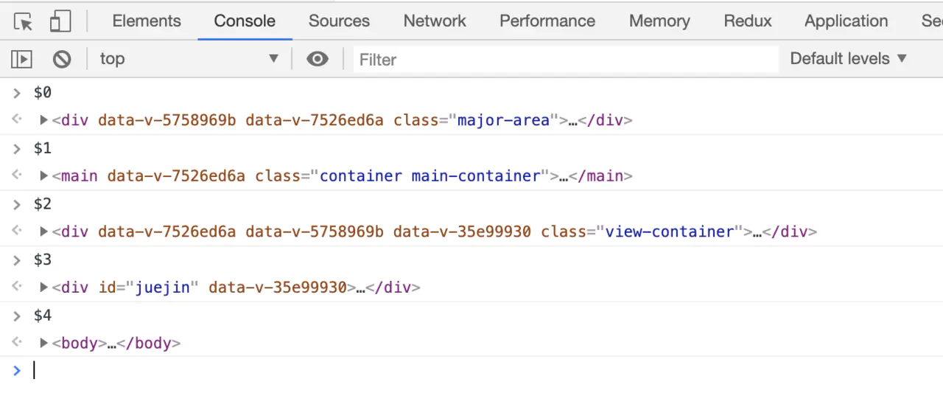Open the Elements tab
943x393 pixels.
tap(147, 21)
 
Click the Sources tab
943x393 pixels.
tap(339, 21)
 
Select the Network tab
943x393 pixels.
tap(435, 21)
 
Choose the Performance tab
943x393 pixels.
tap(547, 21)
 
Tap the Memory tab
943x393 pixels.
tap(659, 21)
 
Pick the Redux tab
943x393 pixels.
tap(748, 21)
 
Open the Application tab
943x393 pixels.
tap(846, 21)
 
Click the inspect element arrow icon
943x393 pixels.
tap(24, 22)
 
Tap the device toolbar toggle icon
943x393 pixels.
tap(60, 22)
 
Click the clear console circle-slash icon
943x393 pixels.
tap(62, 59)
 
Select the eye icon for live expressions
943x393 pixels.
tap(318, 59)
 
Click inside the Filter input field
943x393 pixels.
tap(565, 59)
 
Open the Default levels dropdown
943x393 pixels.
tap(848, 59)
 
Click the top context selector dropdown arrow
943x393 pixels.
tap(273, 59)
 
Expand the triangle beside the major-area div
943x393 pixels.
tap(44, 120)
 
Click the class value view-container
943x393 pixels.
tap(670, 232)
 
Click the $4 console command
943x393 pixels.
tap(43, 316)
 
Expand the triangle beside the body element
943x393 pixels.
tap(44, 343)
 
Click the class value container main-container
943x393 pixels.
tap(430, 176)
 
